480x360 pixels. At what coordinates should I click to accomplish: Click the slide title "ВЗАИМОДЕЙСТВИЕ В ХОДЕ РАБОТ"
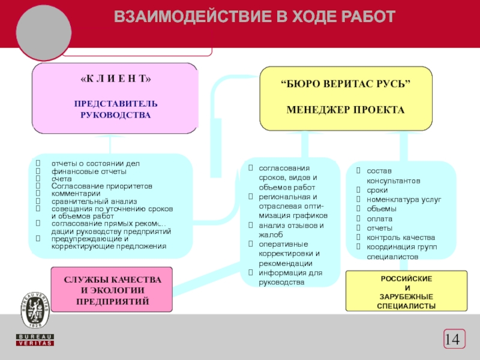(x=255, y=17)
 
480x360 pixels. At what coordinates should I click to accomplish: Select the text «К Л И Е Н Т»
(x=116, y=80)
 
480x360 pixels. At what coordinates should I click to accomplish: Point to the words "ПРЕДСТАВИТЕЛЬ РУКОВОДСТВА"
(x=116, y=109)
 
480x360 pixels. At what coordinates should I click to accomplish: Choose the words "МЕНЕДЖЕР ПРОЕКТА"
(x=346, y=110)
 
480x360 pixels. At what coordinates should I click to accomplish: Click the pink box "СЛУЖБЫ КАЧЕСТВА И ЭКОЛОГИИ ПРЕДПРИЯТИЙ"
(x=112, y=290)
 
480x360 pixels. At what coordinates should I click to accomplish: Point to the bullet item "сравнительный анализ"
(x=94, y=201)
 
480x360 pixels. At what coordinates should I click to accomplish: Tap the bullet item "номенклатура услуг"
(x=403, y=199)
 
